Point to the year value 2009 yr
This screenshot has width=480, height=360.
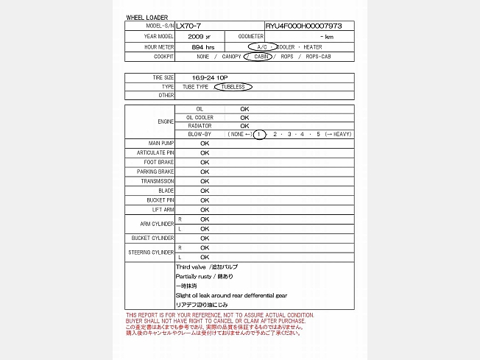point(199,36)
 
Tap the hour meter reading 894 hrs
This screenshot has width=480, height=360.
point(202,46)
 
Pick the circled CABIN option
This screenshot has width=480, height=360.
point(262,56)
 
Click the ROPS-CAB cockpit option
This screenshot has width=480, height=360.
point(323,56)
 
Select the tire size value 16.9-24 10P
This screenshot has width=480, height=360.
point(208,77)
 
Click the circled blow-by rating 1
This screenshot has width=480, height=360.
point(259,134)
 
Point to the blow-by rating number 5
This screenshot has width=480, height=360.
point(318,134)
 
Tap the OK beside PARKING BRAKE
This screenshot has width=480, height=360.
point(205,172)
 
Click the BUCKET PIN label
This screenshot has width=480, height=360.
point(160,200)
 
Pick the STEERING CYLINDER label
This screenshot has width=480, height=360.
point(152,252)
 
